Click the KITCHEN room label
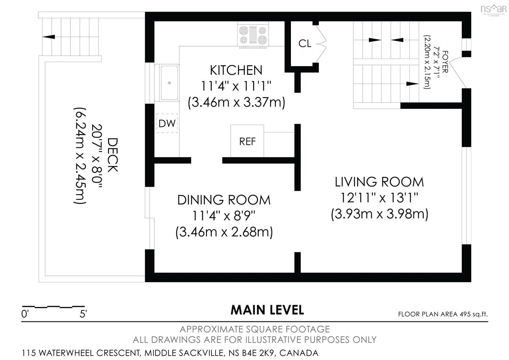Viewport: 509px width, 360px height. pos(236,70)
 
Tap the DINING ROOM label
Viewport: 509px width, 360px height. pos(224,200)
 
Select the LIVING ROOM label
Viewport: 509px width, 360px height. pos(379,182)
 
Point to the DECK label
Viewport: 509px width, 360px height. pos(112,155)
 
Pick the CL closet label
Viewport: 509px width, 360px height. pos(305,43)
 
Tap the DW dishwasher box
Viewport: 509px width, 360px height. pos(167,123)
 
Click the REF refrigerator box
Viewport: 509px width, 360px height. pos(247,141)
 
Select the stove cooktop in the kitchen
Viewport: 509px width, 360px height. pos(253,35)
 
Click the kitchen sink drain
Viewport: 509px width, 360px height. pos(169,83)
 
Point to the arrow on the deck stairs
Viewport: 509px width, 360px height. pos(49,37)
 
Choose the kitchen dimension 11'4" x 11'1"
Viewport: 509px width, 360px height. pos(236,86)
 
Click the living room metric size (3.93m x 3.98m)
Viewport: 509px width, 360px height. pos(379,214)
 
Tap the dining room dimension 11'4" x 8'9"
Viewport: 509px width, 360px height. pos(224,216)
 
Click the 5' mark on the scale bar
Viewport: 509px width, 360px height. pos(83,314)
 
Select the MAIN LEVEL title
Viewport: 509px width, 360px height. pos(267,310)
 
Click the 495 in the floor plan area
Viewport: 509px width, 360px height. pos(465,314)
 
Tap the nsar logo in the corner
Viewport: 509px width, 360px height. pos(493,9)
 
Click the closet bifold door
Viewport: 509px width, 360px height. pos(321,43)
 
